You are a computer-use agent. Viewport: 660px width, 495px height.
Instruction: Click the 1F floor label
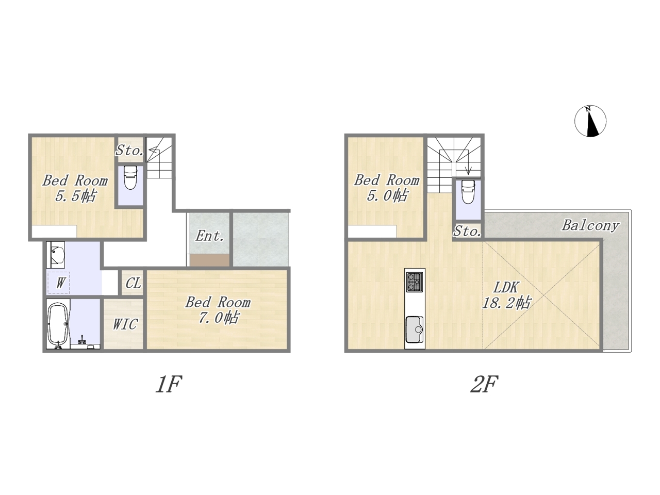tap(169, 385)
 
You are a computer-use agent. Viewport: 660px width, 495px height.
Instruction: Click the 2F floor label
tap(484, 385)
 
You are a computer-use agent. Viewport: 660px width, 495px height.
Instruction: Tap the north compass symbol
tap(590, 121)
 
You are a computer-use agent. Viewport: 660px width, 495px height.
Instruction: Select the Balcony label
tap(590, 225)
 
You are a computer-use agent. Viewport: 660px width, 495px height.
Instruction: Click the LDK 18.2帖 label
tap(506, 295)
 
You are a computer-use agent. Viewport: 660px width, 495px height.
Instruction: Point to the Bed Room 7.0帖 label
tap(218, 310)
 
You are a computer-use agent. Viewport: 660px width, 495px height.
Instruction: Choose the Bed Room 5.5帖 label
tap(75, 188)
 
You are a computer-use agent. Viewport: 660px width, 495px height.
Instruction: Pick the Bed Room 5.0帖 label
tap(387, 188)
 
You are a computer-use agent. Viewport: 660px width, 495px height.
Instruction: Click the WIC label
tap(125, 324)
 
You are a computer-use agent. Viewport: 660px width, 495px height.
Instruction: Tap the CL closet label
tap(134, 283)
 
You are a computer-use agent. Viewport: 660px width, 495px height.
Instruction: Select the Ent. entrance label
tap(209, 236)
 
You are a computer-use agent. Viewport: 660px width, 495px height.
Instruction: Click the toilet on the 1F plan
tap(130, 177)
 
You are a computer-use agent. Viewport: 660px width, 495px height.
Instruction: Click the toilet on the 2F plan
tap(468, 192)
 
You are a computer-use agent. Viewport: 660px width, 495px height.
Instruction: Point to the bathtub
tap(58, 325)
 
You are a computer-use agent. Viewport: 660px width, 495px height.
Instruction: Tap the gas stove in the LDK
tap(415, 282)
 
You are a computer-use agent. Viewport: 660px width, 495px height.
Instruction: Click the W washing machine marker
tap(60, 283)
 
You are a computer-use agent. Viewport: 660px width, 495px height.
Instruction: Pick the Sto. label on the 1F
tap(129, 150)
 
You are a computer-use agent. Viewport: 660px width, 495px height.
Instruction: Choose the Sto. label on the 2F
tap(467, 231)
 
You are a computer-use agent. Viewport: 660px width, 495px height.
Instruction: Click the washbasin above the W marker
tap(56, 255)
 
